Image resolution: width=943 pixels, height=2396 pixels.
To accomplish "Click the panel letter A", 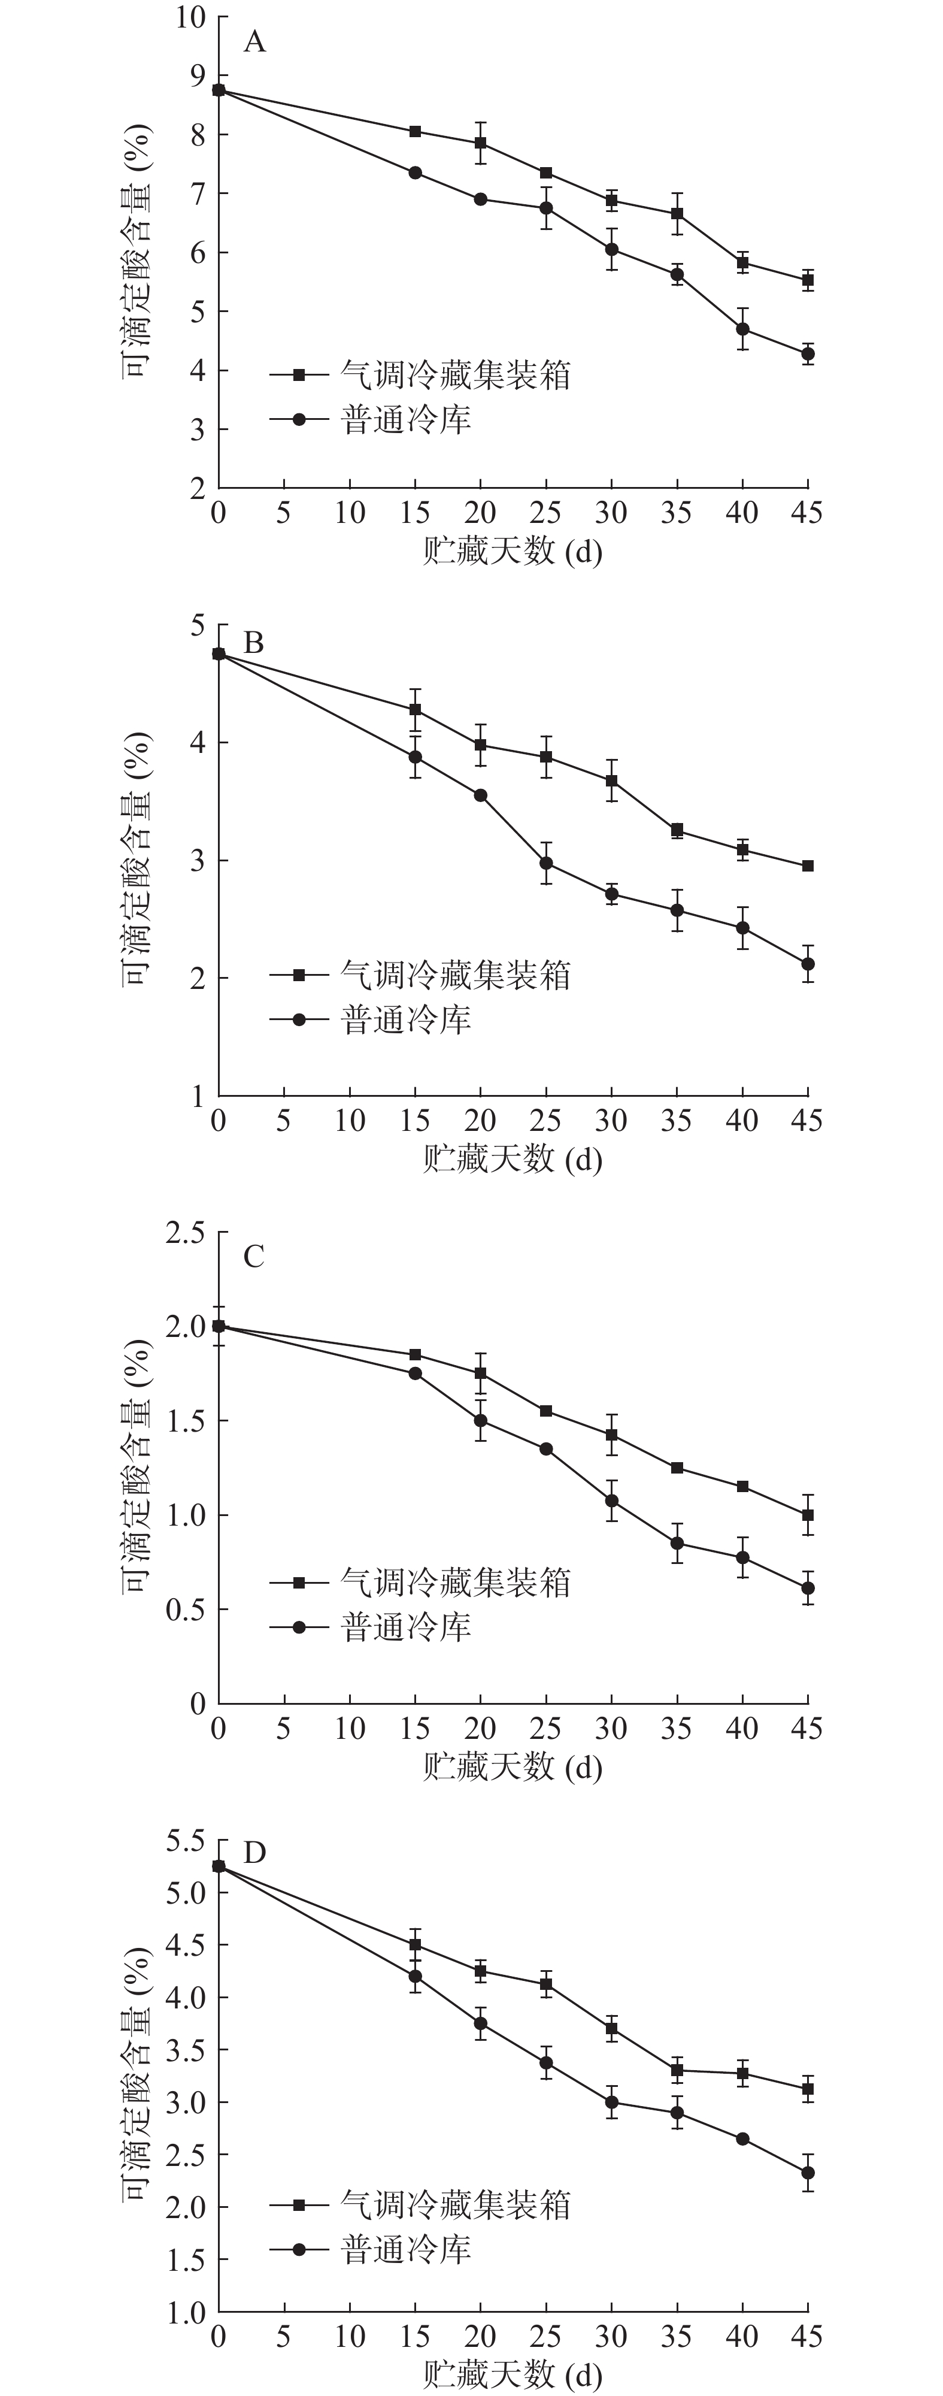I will click(254, 43).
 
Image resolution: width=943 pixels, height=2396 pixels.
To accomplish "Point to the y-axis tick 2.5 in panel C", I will click(184, 1233).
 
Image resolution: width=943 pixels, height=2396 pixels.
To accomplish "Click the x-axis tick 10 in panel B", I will click(350, 1120).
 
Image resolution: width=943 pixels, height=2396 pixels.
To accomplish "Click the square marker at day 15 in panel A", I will click(415, 131).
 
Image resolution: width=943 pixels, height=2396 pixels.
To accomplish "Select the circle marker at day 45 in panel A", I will click(807, 353).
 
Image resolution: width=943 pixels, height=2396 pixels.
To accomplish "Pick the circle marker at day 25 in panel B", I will click(546, 863).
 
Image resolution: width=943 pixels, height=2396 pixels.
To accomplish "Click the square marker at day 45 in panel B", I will click(807, 866).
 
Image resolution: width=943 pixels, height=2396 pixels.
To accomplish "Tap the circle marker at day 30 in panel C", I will click(611, 1500).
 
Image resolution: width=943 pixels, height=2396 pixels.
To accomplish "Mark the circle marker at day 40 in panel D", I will click(742, 2139).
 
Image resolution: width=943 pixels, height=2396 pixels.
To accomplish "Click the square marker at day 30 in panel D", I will click(611, 2029).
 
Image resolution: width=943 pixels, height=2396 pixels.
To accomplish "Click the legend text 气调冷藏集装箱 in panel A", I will click(455, 375).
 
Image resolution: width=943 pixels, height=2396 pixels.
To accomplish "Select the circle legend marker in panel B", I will click(299, 1019).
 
